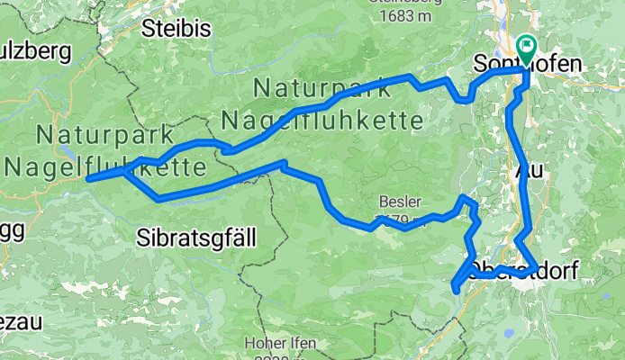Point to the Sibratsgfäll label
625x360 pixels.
[x=197, y=238]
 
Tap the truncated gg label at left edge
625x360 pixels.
[x=11, y=229]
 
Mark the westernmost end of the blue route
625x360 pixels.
[x=88, y=178]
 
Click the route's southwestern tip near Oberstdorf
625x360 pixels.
[x=455, y=288]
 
